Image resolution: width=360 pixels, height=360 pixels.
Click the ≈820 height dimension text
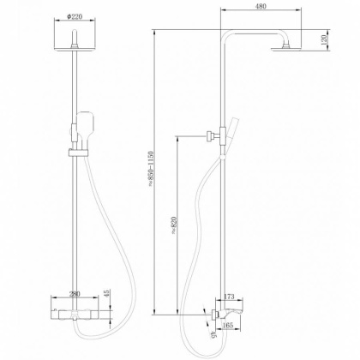[173, 224]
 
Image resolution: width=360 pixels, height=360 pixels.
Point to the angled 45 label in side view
[211, 337]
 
